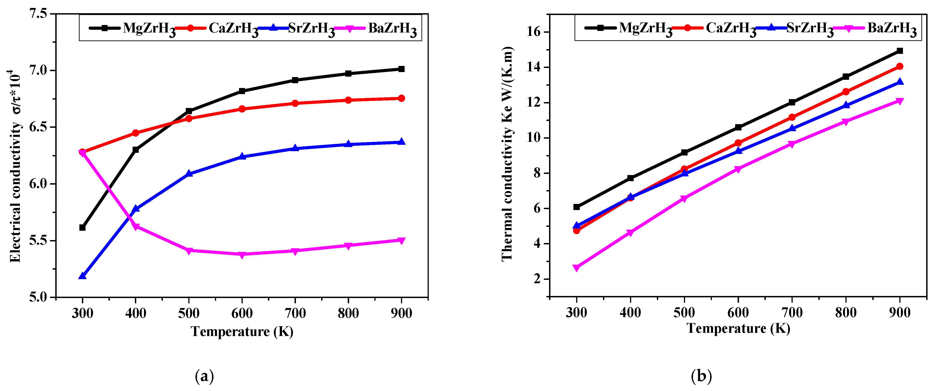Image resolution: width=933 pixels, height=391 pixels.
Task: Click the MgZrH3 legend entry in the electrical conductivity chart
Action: [149, 28]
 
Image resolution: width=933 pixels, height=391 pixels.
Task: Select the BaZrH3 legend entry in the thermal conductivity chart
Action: [891, 28]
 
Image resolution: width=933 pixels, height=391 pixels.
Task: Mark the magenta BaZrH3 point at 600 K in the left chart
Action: [242, 255]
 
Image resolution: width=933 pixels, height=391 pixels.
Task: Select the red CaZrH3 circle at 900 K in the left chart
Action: [401, 98]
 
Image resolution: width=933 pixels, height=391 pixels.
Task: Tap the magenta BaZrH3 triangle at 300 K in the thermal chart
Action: [576, 268]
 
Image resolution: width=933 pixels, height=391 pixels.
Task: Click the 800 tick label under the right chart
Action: [846, 312]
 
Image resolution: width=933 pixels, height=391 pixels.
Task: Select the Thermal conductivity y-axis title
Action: [507, 154]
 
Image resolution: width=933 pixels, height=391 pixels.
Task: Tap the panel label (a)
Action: [204, 376]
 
